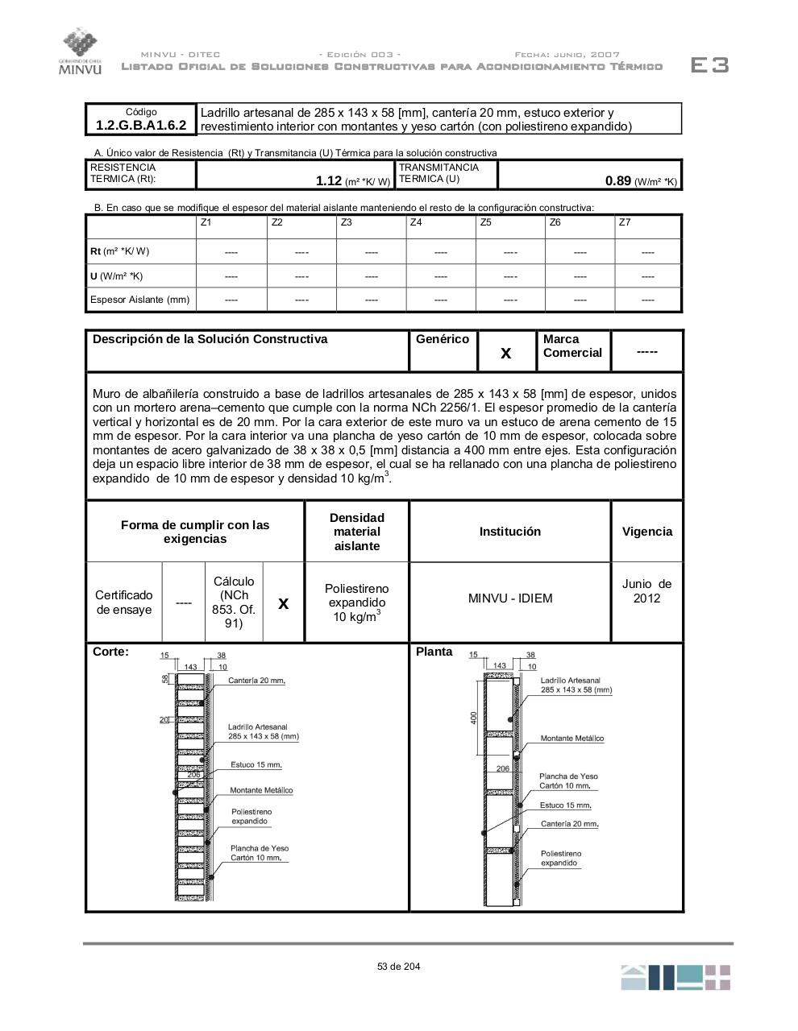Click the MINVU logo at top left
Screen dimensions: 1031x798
80,52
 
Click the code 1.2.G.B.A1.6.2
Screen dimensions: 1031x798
141,126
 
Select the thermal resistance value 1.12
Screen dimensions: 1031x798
329,181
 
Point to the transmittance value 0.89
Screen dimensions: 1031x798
617,180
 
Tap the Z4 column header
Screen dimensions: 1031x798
416,222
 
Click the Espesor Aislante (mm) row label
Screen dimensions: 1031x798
140,300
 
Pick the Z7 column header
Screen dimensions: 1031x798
625,222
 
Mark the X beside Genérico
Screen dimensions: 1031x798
506,353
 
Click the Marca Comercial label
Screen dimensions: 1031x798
572,346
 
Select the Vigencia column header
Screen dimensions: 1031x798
646,532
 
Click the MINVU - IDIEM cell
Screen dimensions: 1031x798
510,598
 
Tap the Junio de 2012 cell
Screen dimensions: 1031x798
646,591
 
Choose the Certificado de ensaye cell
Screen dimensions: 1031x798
123,602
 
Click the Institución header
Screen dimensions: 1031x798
510,532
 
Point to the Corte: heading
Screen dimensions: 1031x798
110,652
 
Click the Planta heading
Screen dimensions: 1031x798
434,652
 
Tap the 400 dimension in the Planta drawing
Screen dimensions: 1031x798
474,717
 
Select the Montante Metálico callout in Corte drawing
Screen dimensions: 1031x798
261,790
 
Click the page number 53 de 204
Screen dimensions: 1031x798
398,967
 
